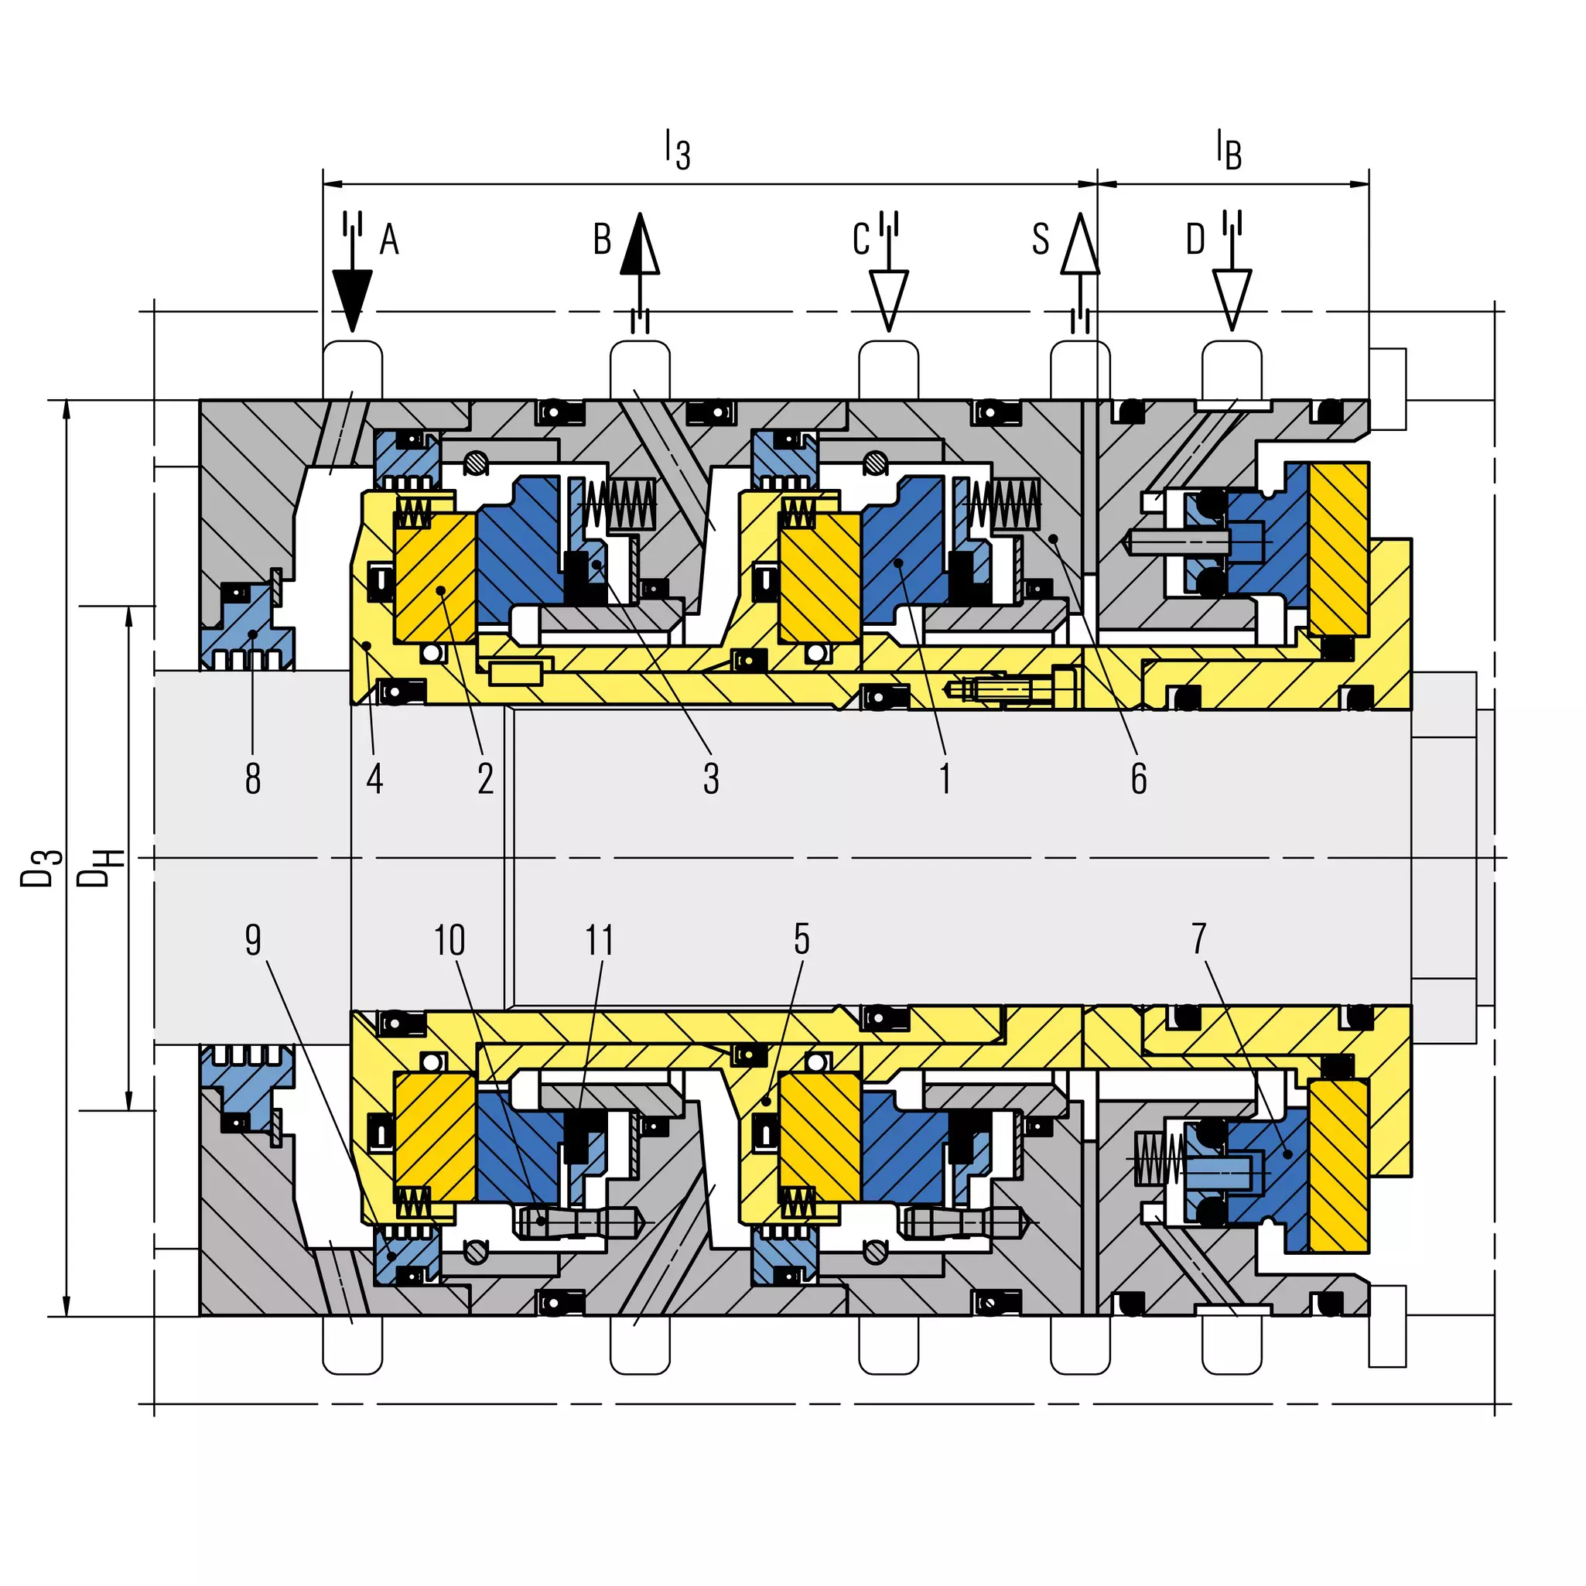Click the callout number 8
253,778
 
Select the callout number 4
374,778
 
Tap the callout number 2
485,778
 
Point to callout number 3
711,778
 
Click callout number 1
945,778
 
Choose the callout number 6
1139,778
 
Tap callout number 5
802,939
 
